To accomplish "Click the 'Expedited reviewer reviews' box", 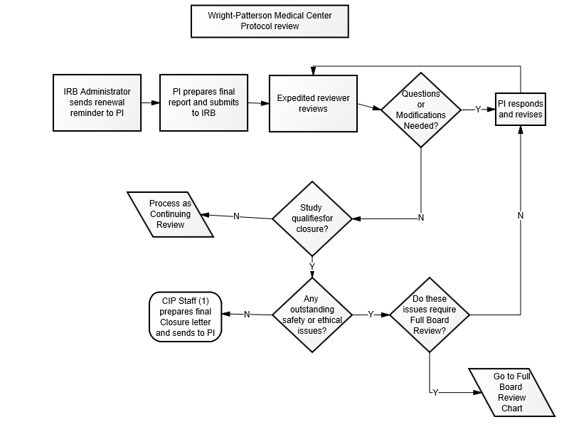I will tap(312, 103).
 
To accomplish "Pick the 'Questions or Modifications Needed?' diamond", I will tap(421, 109).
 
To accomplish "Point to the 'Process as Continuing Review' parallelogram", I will tap(170, 214).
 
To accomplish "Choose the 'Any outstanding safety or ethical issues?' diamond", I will tap(312, 315).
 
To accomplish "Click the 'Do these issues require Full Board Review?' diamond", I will tap(430, 315).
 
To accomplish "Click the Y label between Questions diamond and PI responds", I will tap(477, 110).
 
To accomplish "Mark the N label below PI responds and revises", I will tap(521, 215).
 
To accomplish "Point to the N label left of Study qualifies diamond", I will tap(236, 216).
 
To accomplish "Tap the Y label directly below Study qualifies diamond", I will tap(312, 267).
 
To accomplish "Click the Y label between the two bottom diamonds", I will tap(370, 315).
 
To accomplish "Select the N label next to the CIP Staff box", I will tap(247, 315).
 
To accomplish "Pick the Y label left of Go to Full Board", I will tap(435, 392).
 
